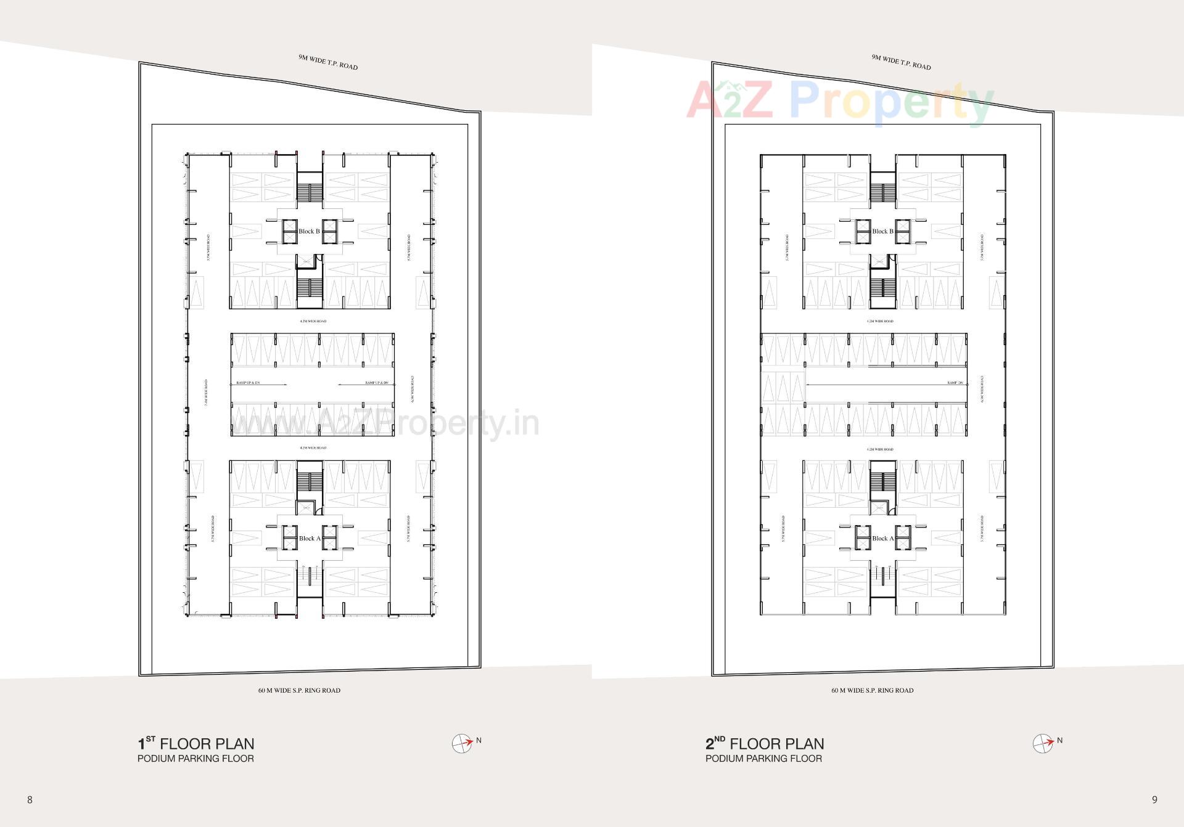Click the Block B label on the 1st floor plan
pos(309,232)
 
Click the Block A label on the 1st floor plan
pos(309,539)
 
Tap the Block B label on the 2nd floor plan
pos(882,232)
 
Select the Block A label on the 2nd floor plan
pos(882,539)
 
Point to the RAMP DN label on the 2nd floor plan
pos(955,383)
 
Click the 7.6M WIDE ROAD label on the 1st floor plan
pos(206,393)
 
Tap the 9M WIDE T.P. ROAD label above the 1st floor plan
pos(328,62)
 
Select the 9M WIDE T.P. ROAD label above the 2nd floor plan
pos(901,62)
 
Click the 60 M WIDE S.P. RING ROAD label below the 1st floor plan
pos(299,690)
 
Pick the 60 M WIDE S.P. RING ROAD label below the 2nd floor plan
pos(872,690)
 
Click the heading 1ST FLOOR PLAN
pos(195,744)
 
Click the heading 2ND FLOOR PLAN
pos(765,744)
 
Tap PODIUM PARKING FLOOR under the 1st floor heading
pos(195,759)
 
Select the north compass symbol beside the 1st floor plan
pos(461,744)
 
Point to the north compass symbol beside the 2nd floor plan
pos(1042,744)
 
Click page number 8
pos(30,800)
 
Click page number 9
pos(1154,800)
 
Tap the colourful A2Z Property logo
pos(840,102)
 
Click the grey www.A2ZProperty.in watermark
pos(385,424)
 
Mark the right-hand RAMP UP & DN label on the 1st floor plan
pos(376,383)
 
